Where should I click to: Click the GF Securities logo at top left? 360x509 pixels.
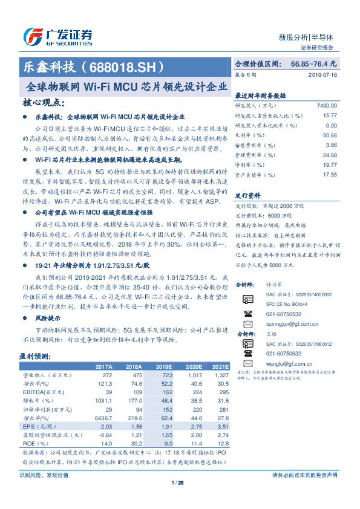[57, 36]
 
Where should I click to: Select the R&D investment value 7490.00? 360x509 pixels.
[326, 105]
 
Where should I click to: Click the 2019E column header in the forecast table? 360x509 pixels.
[164, 366]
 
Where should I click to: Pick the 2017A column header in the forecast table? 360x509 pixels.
[103, 366]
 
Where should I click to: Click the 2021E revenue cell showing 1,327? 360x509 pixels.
[221, 375]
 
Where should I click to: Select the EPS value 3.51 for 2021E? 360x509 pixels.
[223, 426]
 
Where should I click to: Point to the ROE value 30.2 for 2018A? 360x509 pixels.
[134, 443]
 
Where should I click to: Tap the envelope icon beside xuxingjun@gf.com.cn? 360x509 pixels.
[247, 324]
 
